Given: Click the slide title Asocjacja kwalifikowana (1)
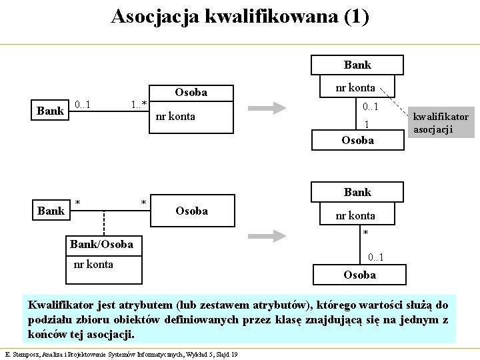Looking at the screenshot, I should [239, 17].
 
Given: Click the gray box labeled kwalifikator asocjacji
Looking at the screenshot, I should [441, 123].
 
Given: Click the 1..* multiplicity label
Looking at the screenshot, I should [139, 104].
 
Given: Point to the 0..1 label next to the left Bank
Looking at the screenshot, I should [83, 104].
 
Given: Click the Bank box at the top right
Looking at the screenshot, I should [357, 65].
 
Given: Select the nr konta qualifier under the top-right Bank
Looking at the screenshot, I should [355, 87].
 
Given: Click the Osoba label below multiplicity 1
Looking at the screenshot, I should [357, 140].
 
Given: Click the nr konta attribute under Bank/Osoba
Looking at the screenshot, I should [93, 264].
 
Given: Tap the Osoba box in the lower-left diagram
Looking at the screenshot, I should [191, 211].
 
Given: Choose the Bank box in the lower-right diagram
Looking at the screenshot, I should [357, 192].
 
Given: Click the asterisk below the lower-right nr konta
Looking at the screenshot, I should [365, 233].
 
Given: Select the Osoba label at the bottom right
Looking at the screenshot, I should [359, 275].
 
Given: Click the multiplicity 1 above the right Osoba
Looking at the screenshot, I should [366, 125].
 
